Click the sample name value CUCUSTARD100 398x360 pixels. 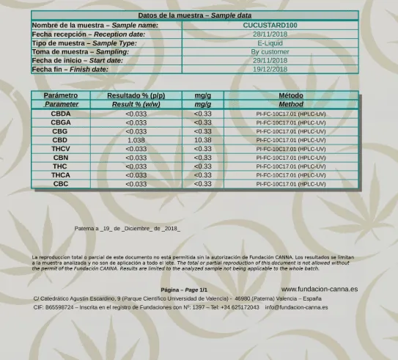[270, 25]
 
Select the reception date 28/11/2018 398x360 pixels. [270, 34]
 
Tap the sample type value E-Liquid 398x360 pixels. [270, 43]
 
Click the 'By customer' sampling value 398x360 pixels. [270, 51]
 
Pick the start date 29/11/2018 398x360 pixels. [270, 60]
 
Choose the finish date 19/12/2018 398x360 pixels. [270, 69]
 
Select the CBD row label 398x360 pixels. [60, 140]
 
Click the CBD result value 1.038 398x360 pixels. [136, 140]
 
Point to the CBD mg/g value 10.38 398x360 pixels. [202, 140]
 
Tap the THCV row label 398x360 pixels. [60, 149]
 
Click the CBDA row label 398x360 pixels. [60, 114]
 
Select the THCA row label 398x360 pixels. [60, 175]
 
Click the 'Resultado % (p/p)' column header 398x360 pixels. [136, 95]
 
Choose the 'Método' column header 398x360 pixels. [291, 95]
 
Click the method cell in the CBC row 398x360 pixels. [291, 184]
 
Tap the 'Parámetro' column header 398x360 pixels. [60, 95]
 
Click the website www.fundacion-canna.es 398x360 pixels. [320, 290]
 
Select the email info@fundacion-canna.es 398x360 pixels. [296, 307]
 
